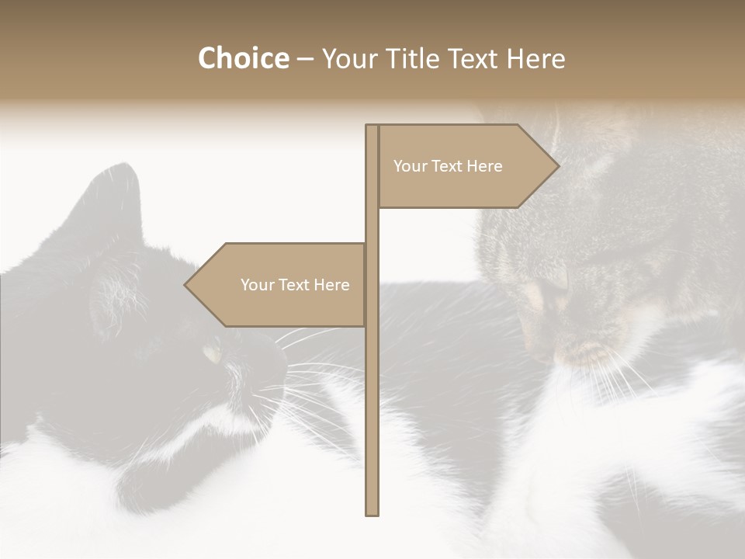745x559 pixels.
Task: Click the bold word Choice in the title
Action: (243, 58)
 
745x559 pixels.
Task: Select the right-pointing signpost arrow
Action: (466, 166)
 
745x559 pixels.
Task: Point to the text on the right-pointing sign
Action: (448, 166)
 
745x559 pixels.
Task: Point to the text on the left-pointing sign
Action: (295, 285)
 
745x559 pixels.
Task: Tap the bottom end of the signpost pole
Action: (372, 512)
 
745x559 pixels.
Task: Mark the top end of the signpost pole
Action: (372, 127)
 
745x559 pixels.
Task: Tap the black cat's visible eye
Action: (211, 353)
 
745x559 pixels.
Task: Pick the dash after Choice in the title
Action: (305, 60)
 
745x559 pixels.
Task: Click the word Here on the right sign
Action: (483, 166)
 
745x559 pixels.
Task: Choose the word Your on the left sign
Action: (257, 285)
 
